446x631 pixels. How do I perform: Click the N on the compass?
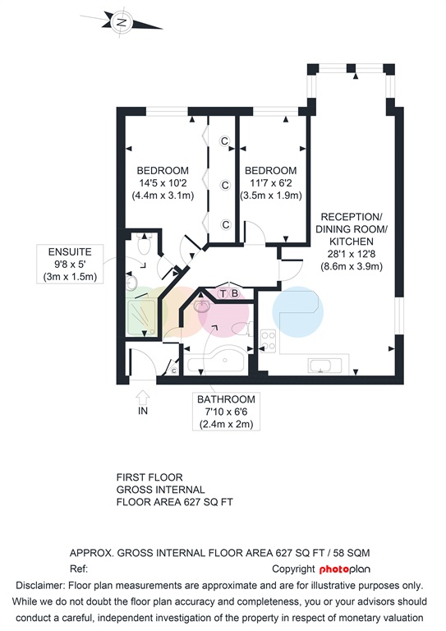(122, 22)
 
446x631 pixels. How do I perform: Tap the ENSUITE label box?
(70, 264)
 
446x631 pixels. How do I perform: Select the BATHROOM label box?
(226, 412)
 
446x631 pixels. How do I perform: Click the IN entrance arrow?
(143, 398)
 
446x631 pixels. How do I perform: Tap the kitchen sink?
(324, 366)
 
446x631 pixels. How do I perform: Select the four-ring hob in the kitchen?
(269, 341)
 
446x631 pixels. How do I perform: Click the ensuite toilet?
(144, 243)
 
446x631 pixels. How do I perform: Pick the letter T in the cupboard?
(223, 294)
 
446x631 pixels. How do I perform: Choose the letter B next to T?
(234, 294)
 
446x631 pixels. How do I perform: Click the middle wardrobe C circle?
(225, 185)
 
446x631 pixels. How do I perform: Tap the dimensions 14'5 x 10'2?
(163, 183)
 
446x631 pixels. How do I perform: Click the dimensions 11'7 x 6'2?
(271, 183)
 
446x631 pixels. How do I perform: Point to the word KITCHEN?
(352, 242)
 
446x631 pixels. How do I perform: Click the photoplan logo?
(345, 569)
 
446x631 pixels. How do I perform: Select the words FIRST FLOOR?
(149, 477)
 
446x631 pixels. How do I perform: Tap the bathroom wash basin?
(201, 306)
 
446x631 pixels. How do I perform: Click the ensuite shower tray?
(141, 317)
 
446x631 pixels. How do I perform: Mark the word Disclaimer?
(39, 586)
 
